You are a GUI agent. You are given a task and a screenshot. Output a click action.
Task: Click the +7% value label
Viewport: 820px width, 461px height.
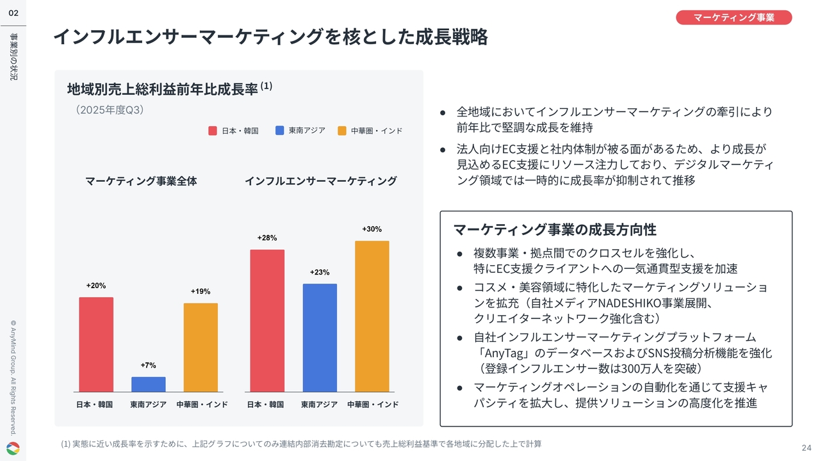click(x=148, y=366)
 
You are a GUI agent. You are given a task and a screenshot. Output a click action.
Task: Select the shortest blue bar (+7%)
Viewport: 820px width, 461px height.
click(x=148, y=384)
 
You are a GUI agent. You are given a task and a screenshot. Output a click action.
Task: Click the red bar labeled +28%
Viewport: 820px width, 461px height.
click(x=267, y=320)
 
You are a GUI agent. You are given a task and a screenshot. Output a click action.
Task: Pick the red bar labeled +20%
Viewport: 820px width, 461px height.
click(x=96, y=344)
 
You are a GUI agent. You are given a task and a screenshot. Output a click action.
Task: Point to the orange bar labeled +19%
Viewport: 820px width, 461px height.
click(x=201, y=347)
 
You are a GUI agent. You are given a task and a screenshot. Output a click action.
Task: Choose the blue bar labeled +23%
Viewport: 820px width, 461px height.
click(x=320, y=337)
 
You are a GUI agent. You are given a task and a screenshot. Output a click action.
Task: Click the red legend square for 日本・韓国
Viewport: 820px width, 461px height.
click(x=213, y=131)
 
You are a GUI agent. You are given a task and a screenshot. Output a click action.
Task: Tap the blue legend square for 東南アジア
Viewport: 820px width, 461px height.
click(x=279, y=131)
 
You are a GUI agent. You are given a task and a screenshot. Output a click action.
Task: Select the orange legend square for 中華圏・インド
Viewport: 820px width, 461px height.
click(x=342, y=131)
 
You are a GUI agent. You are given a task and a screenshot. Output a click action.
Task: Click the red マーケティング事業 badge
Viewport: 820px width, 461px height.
click(x=734, y=17)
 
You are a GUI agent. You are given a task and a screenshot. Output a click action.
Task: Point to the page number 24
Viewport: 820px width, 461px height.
click(x=806, y=447)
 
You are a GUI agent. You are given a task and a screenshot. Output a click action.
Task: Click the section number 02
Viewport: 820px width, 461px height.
click(x=13, y=13)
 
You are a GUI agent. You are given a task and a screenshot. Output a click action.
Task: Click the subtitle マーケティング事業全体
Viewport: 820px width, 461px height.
click(x=141, y=181)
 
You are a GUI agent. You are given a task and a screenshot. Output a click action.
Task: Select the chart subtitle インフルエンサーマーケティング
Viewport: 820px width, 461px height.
click(x=320, y=181)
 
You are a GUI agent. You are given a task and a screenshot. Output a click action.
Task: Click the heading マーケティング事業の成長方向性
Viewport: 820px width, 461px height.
click(x=555, y=229)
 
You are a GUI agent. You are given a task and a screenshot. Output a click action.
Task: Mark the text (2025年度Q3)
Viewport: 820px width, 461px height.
click(x=110, y=110)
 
